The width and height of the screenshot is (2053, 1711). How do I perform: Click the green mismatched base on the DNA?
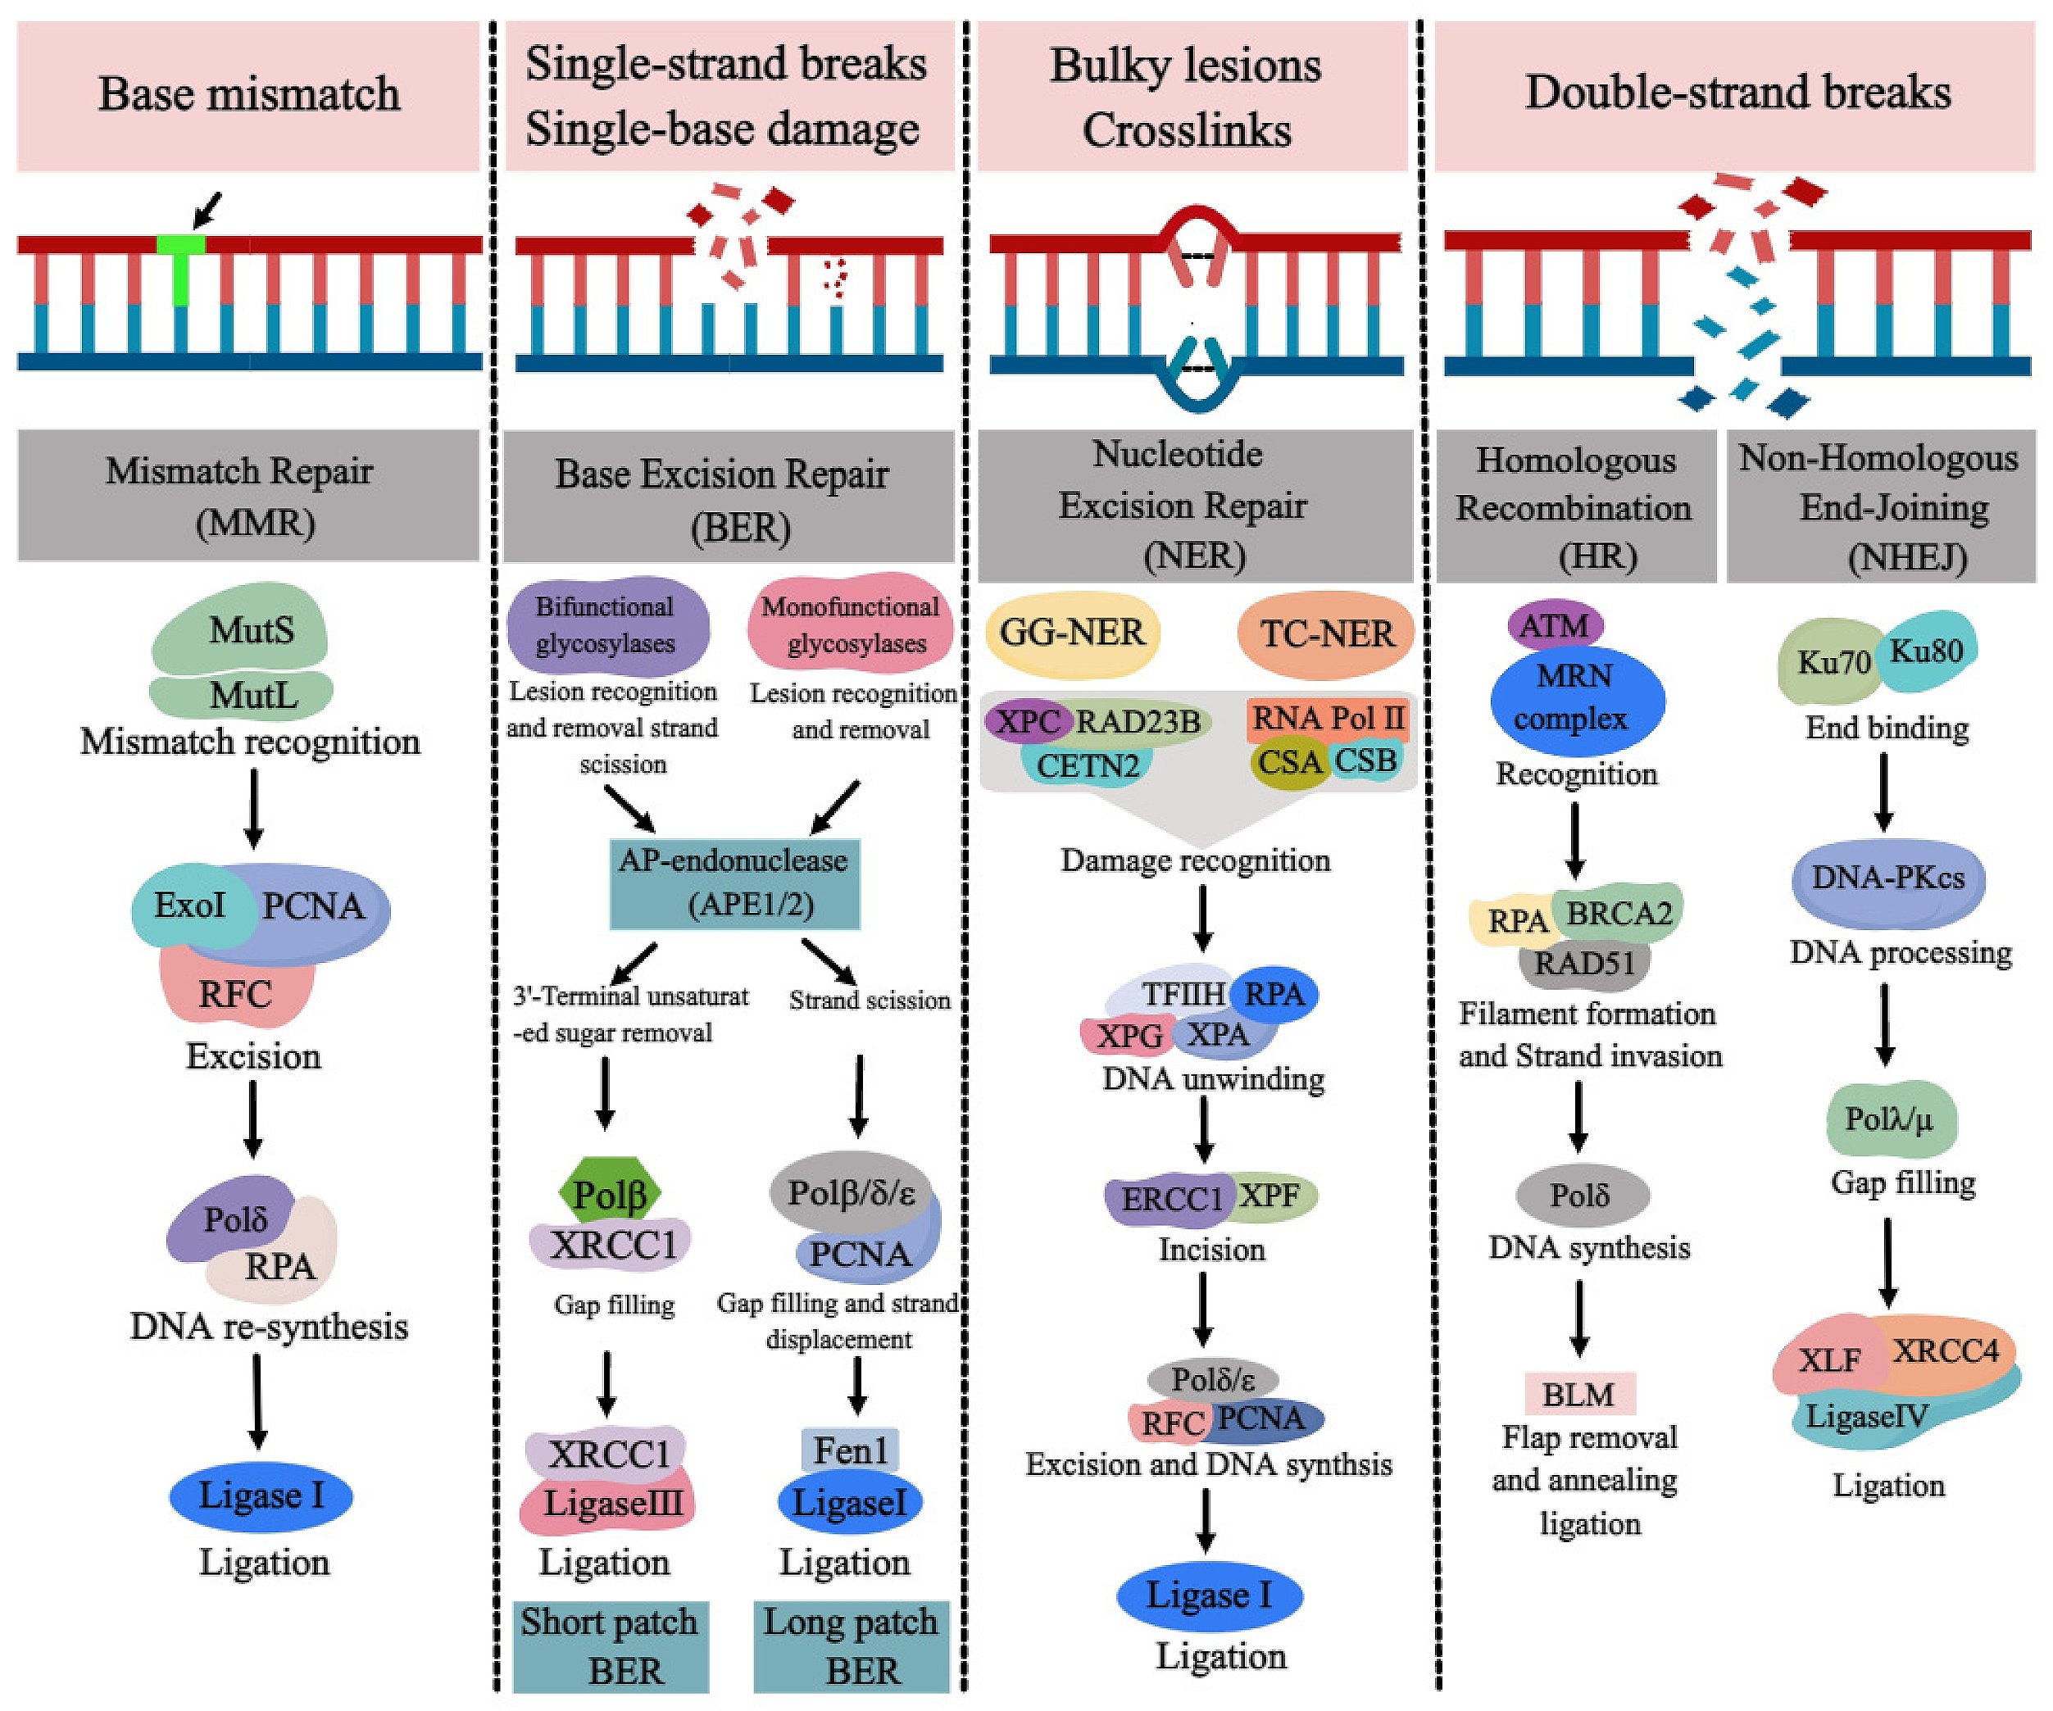tap(182, 264)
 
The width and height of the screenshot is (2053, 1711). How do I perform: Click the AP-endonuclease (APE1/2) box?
tap(735, 883)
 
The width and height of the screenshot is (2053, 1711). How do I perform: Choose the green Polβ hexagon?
tap(609, 1194)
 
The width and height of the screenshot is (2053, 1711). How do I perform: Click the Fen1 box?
tap(850, 1450)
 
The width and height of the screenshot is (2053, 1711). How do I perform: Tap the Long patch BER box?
tap(851, 1646)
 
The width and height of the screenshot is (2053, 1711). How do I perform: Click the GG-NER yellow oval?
tap(1073, 633)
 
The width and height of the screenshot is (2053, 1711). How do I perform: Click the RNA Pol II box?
tap(1329, 719)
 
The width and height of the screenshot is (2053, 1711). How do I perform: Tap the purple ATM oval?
tap(1556, 624)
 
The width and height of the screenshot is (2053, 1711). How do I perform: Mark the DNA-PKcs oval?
tap(1887, 878)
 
